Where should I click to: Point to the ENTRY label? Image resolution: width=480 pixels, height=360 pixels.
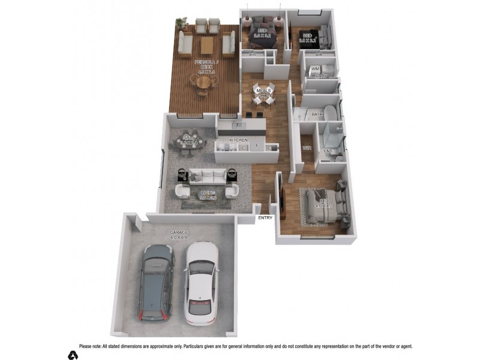coord(265,218)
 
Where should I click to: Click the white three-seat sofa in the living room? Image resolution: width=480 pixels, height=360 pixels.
coord(208,175)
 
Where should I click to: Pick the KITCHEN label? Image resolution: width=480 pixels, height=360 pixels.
coord(237,140)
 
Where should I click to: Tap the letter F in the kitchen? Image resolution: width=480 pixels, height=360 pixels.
coord(257,146)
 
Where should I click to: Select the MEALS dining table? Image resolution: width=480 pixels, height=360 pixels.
coord(263,95)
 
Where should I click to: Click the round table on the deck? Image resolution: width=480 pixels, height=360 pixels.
coord(204,81)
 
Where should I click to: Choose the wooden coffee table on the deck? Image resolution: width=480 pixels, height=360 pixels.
coord(206,44)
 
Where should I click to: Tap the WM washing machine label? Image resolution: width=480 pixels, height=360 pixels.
coord(315,69)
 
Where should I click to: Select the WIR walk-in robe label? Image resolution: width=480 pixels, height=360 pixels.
coord(307,148)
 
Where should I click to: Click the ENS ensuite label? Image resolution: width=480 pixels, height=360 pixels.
coord(328,151)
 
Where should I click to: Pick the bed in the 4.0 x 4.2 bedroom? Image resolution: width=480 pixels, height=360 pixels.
coord(325,204)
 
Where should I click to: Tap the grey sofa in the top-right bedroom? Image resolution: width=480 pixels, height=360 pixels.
coord(324,37)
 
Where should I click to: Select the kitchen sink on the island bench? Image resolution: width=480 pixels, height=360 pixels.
coord(238,125)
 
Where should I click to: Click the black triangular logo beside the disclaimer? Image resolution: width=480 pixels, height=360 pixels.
coord(73,355)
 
